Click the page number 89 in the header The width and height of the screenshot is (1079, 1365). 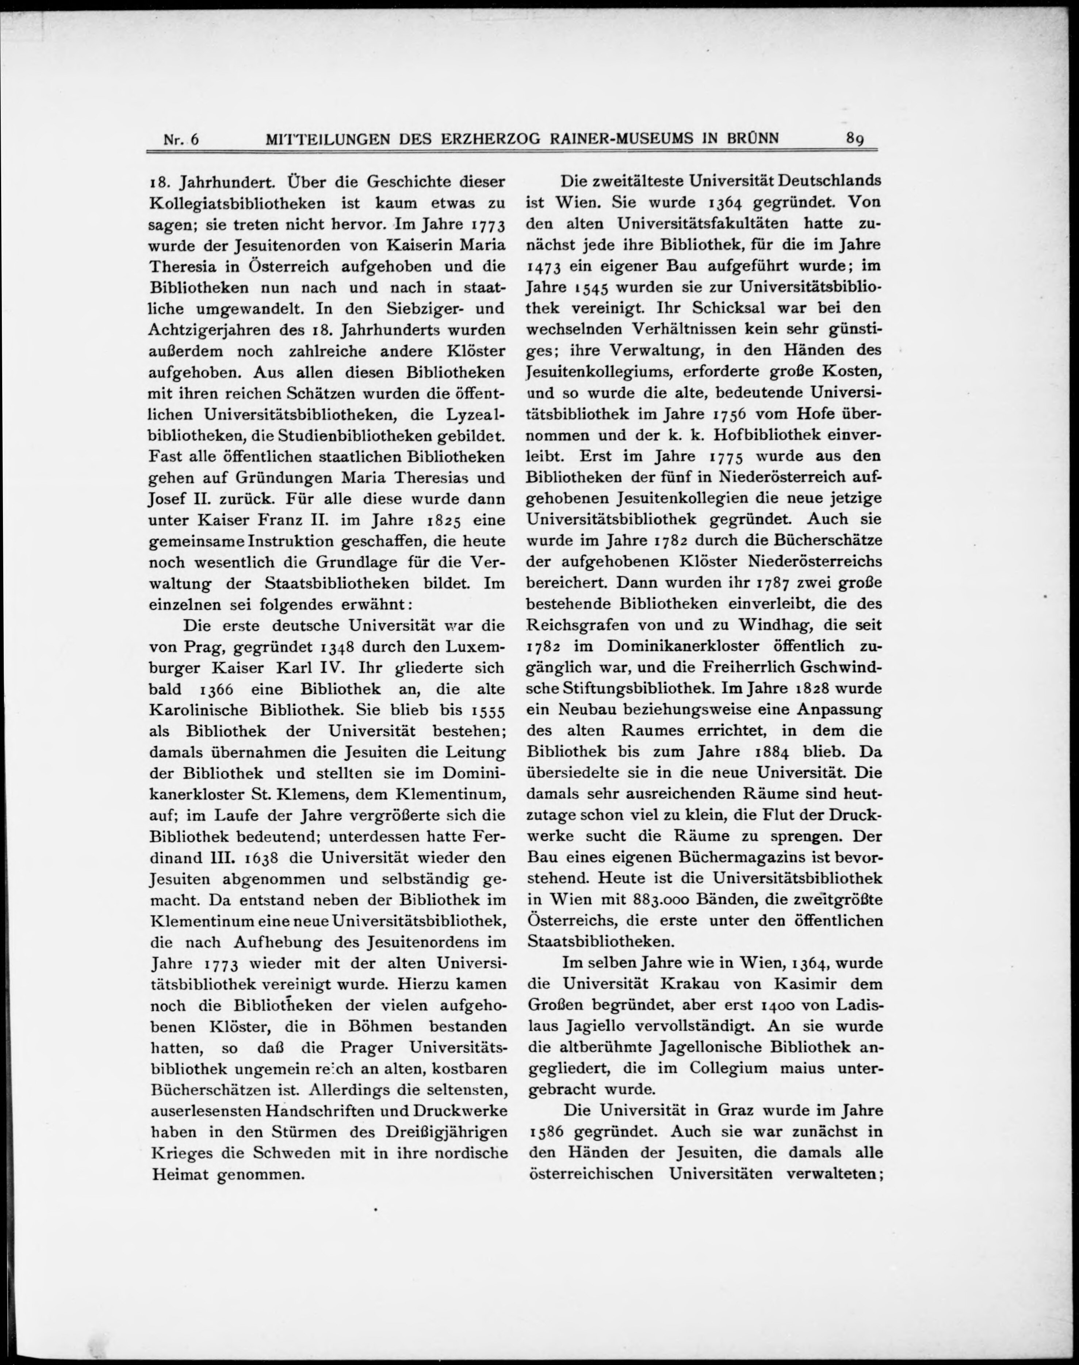pyautogui.click(x=856, y=138)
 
